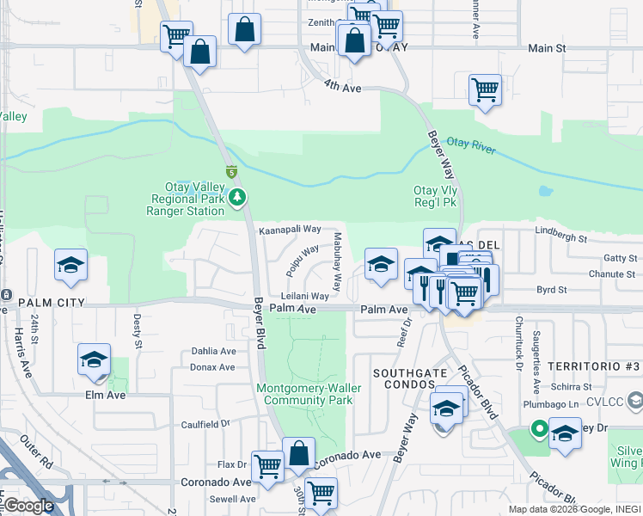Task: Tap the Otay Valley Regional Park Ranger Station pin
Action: coord(238,199)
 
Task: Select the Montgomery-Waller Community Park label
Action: coord(309,394)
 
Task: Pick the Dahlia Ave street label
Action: coord(213,351)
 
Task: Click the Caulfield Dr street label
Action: coord(206,424)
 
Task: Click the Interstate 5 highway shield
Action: coord(230,172)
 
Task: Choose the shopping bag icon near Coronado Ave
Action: coord(298,454)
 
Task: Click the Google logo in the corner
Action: coord(29,507)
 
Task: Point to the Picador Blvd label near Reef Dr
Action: coord(479,391)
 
